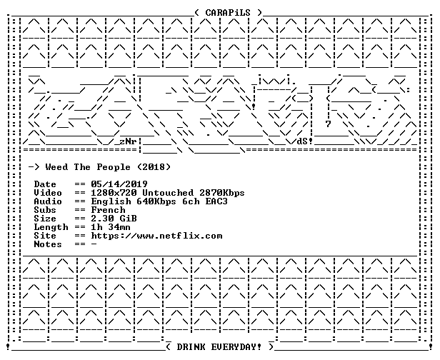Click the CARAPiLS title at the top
click(x=228, y=13)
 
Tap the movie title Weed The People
click(x=88, y=167)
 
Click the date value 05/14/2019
click(x=119, y=184)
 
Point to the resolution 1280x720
click(x=114, y=193)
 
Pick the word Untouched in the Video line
click(x=168, y=193)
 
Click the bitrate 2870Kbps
click(x=222, y=193)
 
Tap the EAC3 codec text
click(x=216, y=201)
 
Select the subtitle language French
click(x=108, y=210)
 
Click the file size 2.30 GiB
click(x=114, y=219)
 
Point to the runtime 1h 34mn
click(x=111, y=227)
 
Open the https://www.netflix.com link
click(x=156, y=236)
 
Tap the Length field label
click(x=51, y=227)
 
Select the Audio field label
click(x=48, y=201)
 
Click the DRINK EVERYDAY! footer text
click(x=219, y=347)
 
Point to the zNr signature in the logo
click(x=128, y=141)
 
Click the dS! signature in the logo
click(x=305, y=141)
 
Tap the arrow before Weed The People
click(x=34, y=168)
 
